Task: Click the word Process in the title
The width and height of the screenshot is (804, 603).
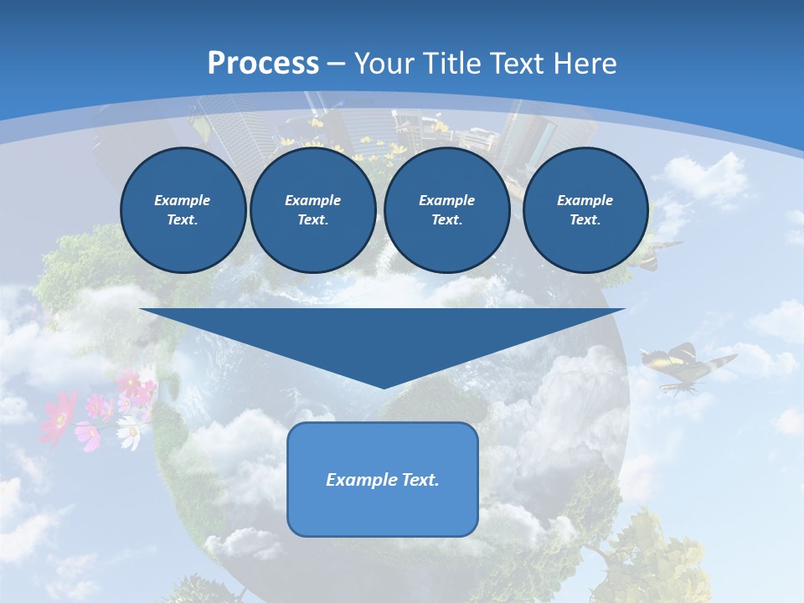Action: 263,64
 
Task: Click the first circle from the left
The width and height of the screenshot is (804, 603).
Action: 183,210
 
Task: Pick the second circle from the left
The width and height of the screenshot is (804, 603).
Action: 313,210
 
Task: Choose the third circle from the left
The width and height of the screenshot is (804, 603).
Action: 447,210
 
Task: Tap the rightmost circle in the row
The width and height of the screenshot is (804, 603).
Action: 585,210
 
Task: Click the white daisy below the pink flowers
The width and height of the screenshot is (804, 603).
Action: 129,434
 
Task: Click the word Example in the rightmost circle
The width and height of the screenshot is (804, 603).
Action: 585,200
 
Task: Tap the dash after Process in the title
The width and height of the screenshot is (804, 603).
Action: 337,64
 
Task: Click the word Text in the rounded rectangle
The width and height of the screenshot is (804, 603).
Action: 419,480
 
